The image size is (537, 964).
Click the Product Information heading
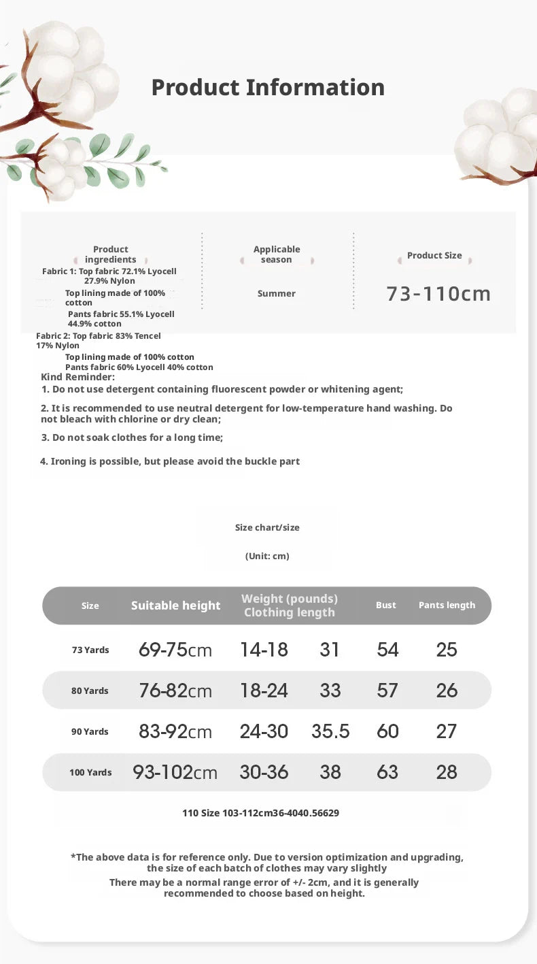click(x=268, y=88)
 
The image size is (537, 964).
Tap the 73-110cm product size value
click(x=438, y=293)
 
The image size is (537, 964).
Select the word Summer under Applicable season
click(x=277, y=294)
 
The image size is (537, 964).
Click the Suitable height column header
click(x=175, y=605)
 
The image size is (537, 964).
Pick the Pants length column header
click(x=447, y=605)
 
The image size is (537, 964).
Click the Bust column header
click(x=385, y=605)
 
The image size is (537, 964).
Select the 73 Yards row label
click(x=90, y=650)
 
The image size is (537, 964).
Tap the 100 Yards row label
click(x=90, y=773)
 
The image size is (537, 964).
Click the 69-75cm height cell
click(x=175, y=650)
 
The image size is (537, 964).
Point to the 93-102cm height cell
click(x=175, y=773)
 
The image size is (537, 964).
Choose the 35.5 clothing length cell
click(x=330, y=732)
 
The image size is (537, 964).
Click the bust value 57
click(x=387, y=691)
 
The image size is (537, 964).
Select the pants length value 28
click(x=447, y=773)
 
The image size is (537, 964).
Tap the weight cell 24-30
click(x=264, y=732)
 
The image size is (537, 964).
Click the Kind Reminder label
click(x=77, y=378)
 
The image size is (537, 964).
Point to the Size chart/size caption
click(x=267, y=528)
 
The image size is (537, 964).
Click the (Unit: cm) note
click(x=267, y=556)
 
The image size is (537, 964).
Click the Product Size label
click(x=434, y=256)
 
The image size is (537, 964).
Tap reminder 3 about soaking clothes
click(x=132, y=437)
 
